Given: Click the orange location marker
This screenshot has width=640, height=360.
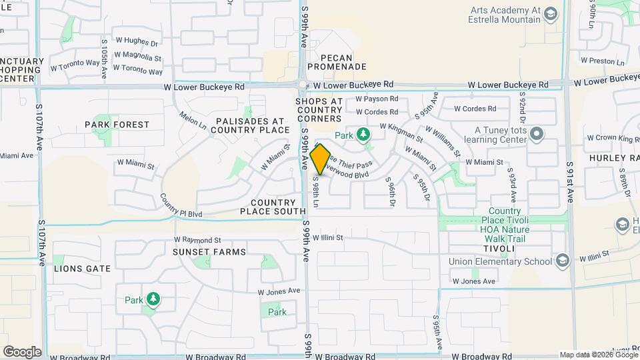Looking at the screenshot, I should (321, 159).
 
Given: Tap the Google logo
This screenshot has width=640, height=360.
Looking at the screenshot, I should (22, 351).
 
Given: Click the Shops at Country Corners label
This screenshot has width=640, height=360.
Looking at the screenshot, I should (319, 109).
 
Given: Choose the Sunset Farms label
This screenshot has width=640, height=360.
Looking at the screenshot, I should (209, 252).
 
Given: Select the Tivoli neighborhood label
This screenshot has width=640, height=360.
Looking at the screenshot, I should (494, 249).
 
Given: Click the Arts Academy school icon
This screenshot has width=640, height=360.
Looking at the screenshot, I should (550, 13).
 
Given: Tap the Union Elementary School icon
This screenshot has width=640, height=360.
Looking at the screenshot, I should (561, 261).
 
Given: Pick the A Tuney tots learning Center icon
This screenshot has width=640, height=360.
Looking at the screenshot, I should (537, 133).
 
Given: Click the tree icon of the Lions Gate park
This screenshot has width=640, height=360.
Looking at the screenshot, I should (153, 299).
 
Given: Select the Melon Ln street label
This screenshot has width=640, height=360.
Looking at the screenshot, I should (193, 121).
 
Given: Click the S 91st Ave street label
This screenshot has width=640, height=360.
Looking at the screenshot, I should (570, 182).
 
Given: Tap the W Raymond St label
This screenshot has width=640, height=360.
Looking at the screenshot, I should (197, 240).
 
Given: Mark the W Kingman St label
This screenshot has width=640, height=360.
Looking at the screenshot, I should (401, 132).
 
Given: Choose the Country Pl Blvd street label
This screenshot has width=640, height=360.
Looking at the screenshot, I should (181, 206).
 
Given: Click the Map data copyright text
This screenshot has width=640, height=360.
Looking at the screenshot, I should (599, 355).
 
